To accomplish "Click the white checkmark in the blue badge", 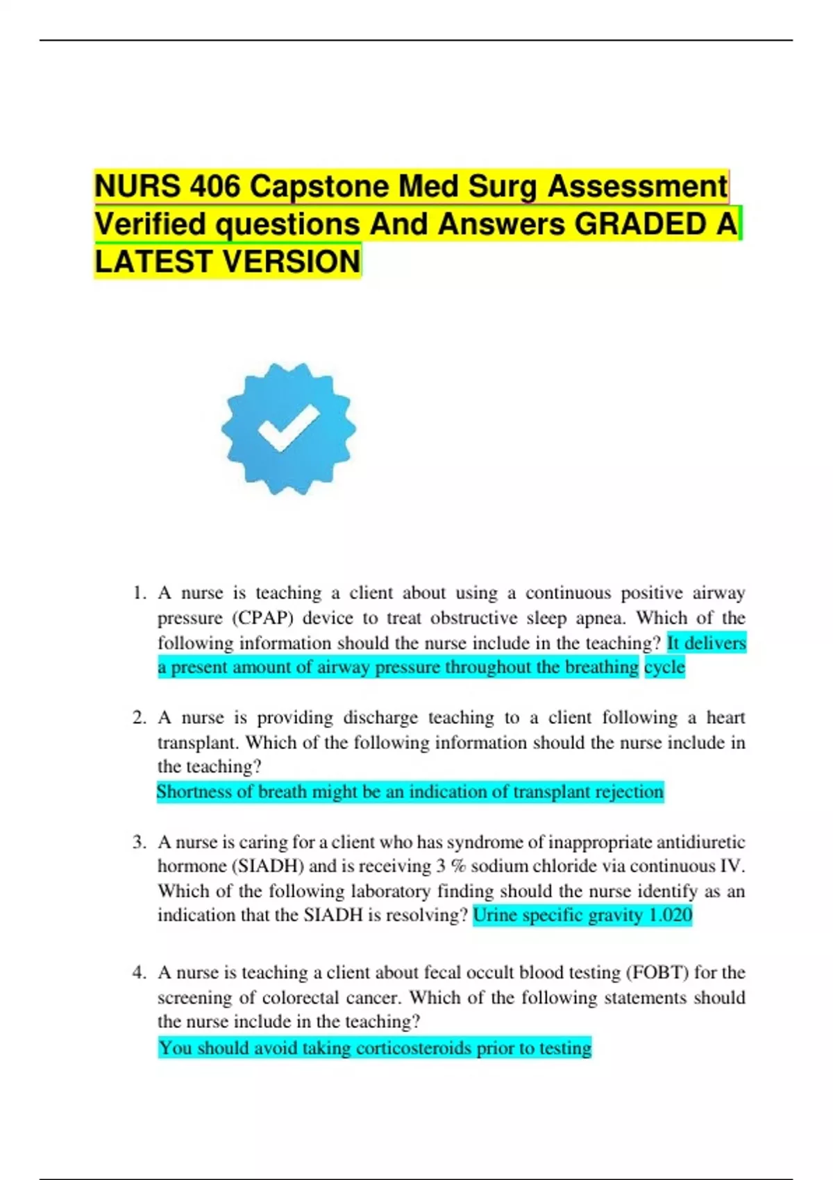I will click(x=288, y=428).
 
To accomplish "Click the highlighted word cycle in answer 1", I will click(x=664, y=667).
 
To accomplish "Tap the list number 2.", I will click(x=139, y=718).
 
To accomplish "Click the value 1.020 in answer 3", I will click(x=670, y=915).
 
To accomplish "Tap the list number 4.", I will click(x=139, y=972).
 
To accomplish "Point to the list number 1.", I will click(x=139, y=593).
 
